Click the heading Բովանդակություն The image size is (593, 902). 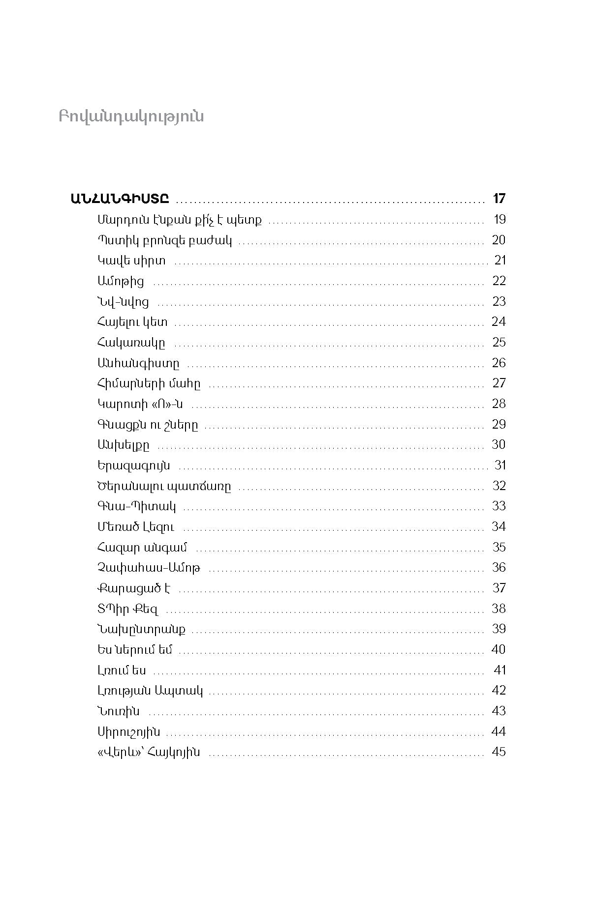131,116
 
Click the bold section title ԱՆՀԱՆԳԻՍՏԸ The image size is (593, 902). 120,199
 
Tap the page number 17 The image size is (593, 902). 499,199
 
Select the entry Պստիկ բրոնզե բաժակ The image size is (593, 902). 165,240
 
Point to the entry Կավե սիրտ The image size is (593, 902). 131,261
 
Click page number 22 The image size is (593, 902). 499,281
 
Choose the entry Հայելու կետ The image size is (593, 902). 132,322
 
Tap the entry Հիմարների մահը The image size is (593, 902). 149,383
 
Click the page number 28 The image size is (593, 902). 499,404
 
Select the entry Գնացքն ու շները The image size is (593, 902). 148,425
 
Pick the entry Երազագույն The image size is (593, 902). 134,466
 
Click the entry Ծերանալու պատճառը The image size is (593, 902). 164,486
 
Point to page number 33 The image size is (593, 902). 499,506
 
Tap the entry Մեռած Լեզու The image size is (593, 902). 136,527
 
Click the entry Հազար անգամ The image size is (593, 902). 142,548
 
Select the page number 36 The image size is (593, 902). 499,567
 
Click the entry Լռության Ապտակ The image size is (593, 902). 150,691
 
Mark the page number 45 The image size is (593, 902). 499,752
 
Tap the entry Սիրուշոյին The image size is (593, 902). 129,732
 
